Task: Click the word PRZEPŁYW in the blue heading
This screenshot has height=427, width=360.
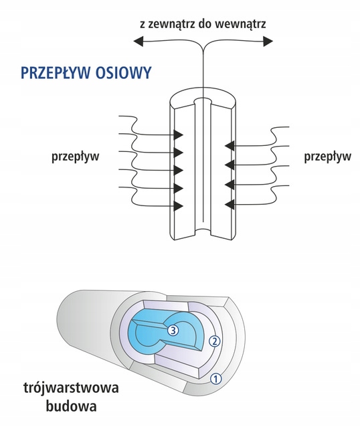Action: [x=56, y=73]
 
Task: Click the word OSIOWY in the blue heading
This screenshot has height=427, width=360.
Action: [x=123, y=73]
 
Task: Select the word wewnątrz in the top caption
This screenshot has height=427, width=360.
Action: [x=240, y=25]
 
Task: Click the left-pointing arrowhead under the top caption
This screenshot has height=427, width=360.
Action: [x=139, y=41]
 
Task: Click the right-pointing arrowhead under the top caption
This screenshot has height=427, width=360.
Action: [x=268, y=41]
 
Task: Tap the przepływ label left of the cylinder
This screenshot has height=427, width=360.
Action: [x=76, y=157]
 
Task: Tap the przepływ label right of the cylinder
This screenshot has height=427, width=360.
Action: [x=328, y=157]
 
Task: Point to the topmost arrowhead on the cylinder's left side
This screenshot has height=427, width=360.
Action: [x=178, y=135]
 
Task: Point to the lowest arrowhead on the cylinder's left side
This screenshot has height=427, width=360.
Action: [x=178, y=205]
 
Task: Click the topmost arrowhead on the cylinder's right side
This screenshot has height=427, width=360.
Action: [x=230, y=146]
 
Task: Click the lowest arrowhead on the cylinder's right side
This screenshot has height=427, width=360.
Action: [x=230, y=203]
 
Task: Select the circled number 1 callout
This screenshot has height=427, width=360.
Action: [x=215, y=379]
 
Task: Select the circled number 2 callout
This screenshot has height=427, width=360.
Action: [x=214, y=341]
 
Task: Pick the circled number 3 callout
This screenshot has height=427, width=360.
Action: [x=173, y=331]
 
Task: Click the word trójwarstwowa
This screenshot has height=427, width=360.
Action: [x=72, y=388]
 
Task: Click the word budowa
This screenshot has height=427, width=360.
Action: [x=72, y=406]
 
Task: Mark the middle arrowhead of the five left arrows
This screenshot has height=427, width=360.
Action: [x=178, y=170]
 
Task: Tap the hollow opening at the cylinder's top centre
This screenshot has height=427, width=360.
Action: [x=203, y=101]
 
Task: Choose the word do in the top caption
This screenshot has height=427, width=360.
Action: [x=205, y=24]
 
